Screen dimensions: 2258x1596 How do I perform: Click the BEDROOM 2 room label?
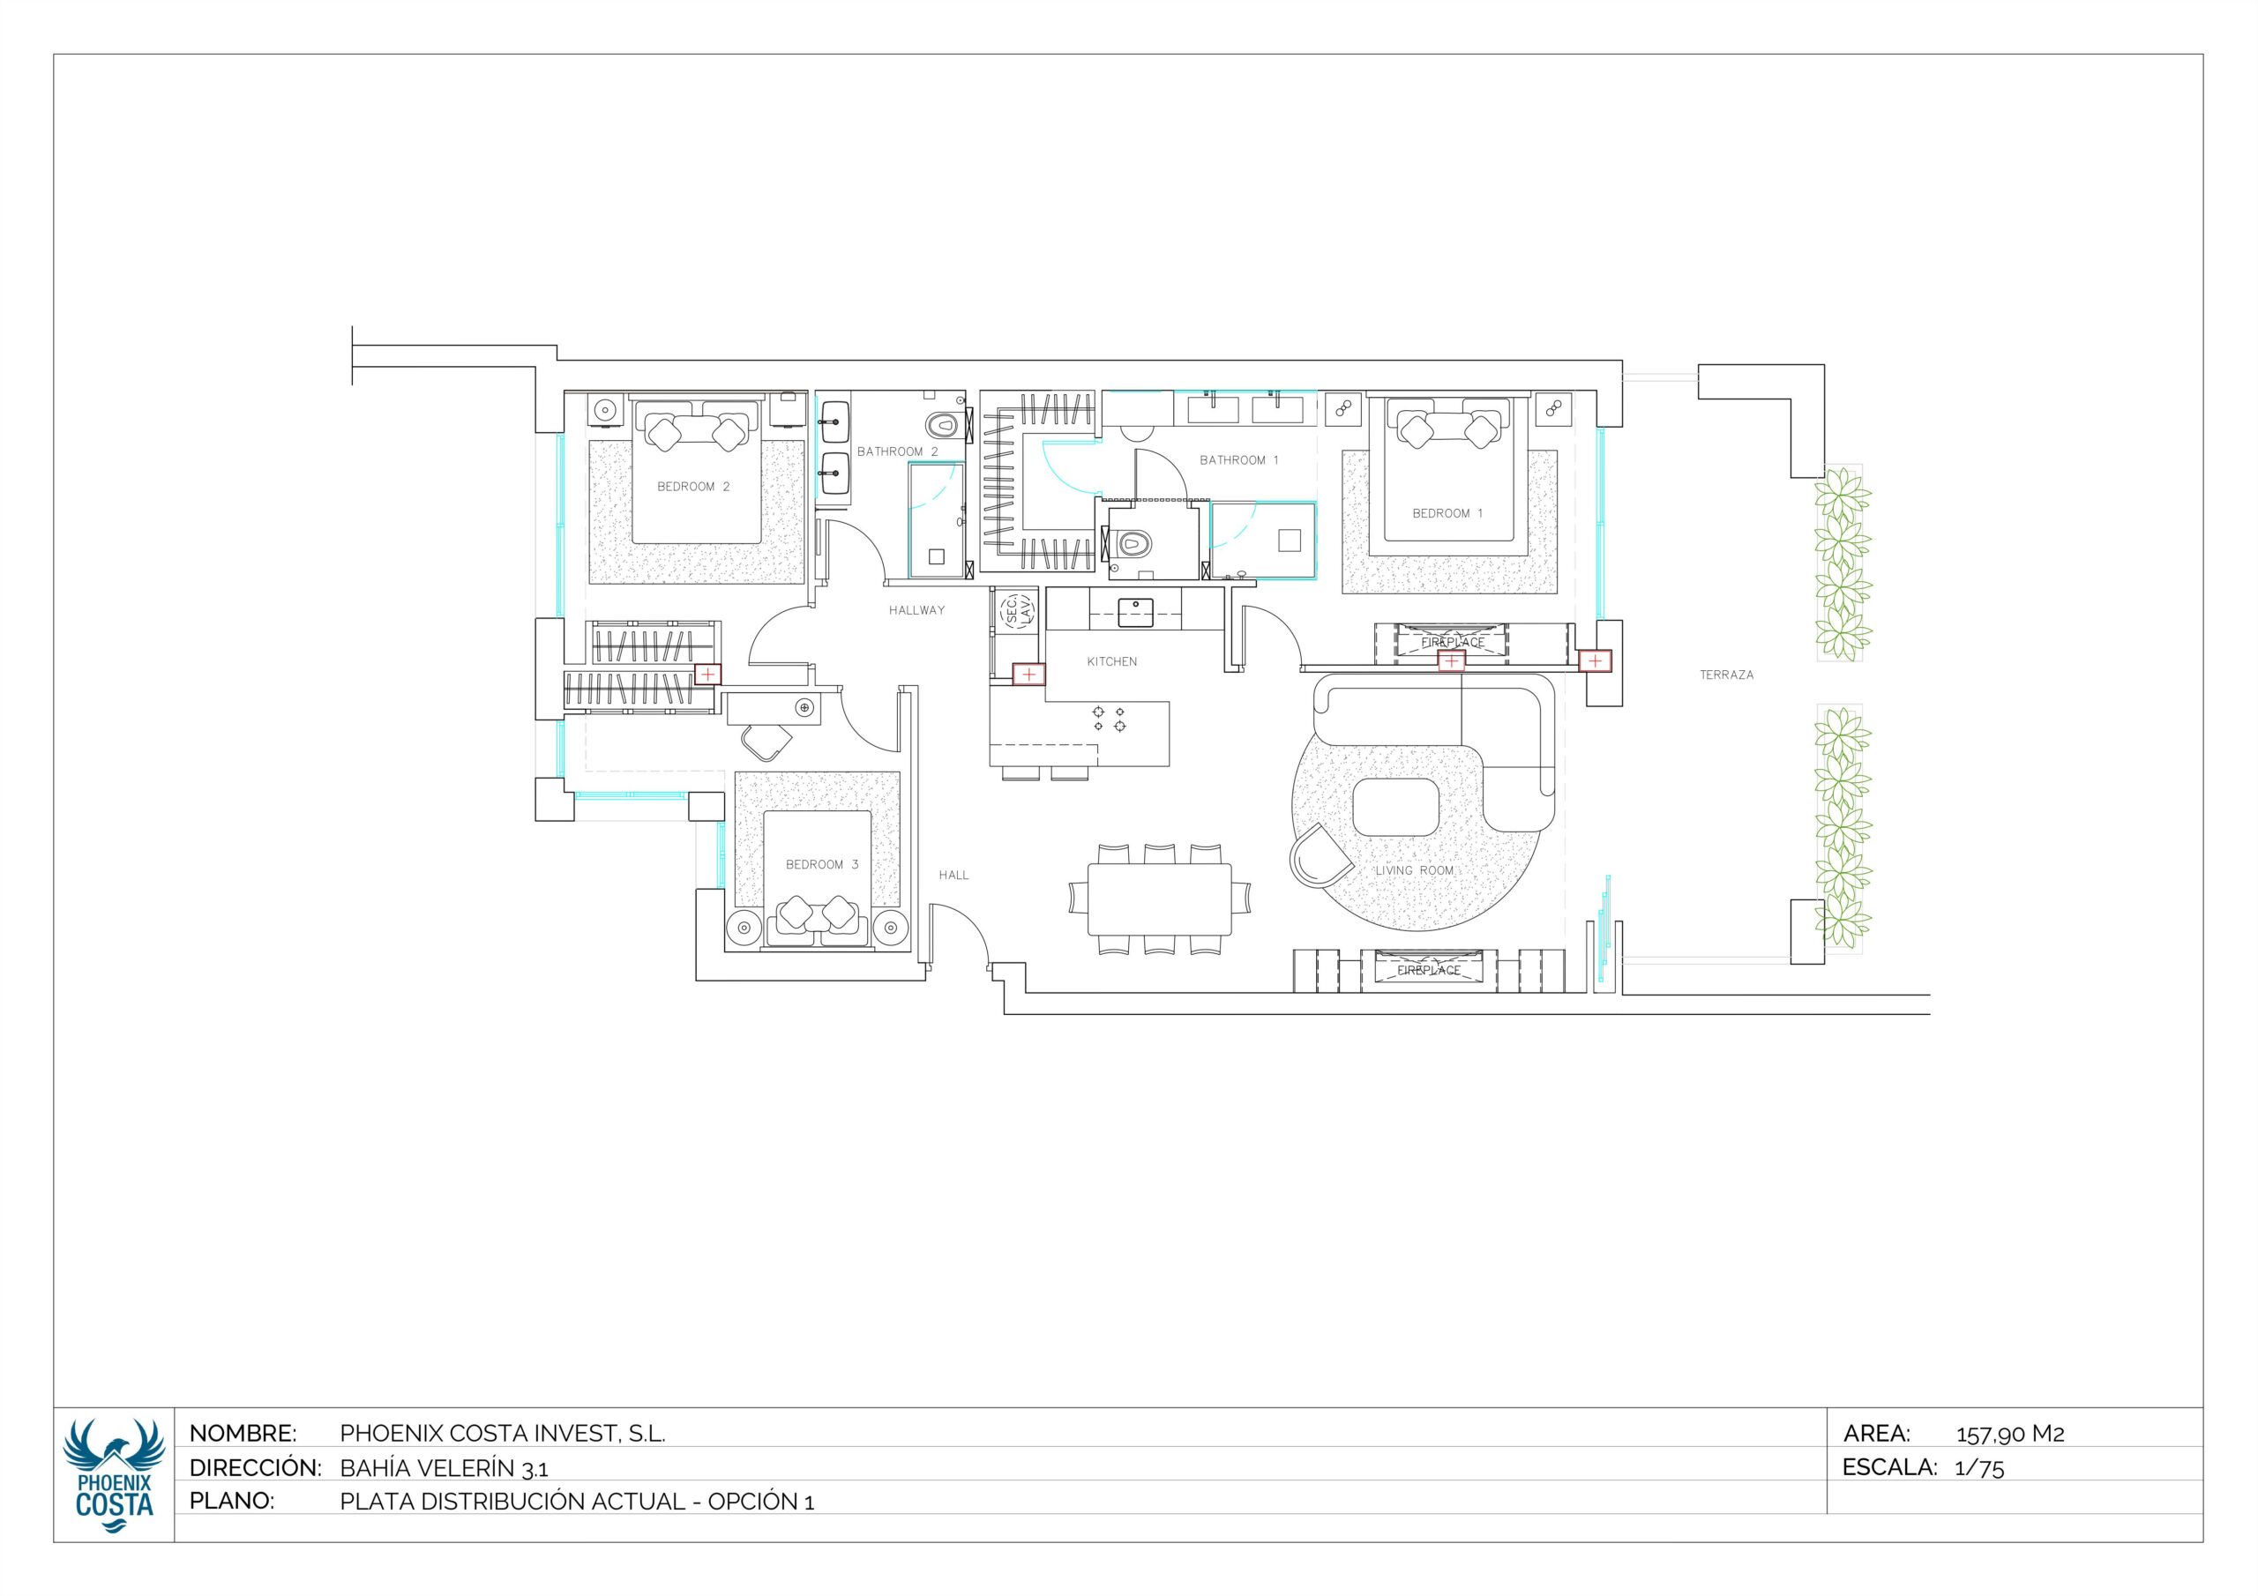(x=693, y=487)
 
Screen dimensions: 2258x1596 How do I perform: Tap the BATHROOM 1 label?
(x=1239, y=460)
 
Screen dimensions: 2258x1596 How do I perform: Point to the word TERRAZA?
(x=1727, y=675)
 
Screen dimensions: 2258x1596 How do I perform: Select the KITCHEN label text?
(x=1112, y=662)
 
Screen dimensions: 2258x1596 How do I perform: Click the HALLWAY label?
(x=916, y=611)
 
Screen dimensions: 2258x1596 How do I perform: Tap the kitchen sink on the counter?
(x=1136, y=612)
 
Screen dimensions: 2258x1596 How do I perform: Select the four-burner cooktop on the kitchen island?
(x=1110, y=718)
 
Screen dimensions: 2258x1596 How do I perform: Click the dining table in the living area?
(x=1160, y=899)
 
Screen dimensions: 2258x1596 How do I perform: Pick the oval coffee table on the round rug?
(x=1395, y=808)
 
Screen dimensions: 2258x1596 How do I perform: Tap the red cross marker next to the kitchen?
(x=1028, y=675)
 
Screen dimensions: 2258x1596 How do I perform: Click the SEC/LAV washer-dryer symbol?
(x=1017, y=609)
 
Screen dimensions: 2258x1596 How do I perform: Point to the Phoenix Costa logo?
(x=113, y=1476)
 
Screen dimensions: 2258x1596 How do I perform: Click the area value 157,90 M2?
(x=2010, y=1435)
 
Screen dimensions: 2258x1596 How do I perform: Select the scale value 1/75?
(x=1979, y=1468)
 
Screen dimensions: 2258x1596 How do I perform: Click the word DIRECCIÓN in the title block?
(x=256, y=1467)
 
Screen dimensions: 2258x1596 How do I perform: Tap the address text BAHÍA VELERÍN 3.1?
(x=445, y=1468)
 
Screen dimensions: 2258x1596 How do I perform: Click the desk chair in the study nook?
(x=766, y=741)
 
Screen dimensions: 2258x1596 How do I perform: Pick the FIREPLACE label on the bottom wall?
(x=1429, y=971)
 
